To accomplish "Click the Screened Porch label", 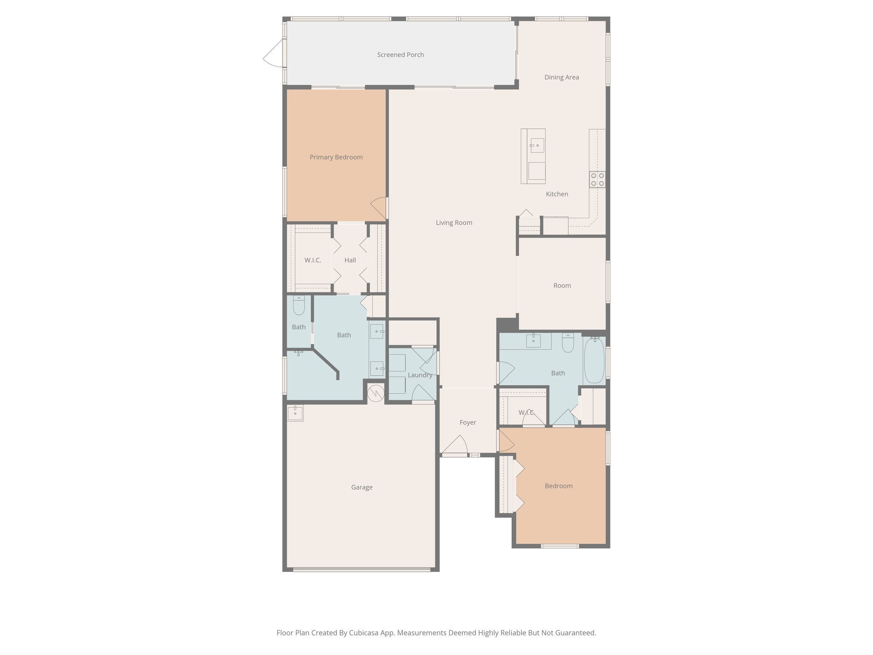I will click(400, 55).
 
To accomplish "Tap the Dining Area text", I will click(561, 77).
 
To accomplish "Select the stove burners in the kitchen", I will click(597, 180).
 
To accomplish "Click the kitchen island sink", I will click(537, 145).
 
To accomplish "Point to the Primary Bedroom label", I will click(336, 157).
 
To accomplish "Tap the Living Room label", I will click(454, 223).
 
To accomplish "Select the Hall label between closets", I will click(350, 260).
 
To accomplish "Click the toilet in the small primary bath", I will click(299, 306).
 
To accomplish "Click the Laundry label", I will click(420, 375).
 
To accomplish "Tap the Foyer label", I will click(468, 423).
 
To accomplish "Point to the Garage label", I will click(361, 487).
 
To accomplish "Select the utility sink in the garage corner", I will click(295, 413).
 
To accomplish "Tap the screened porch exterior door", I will click(274, 53).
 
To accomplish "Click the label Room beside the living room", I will click(562, 286).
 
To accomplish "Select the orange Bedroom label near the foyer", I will click(558, 486).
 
